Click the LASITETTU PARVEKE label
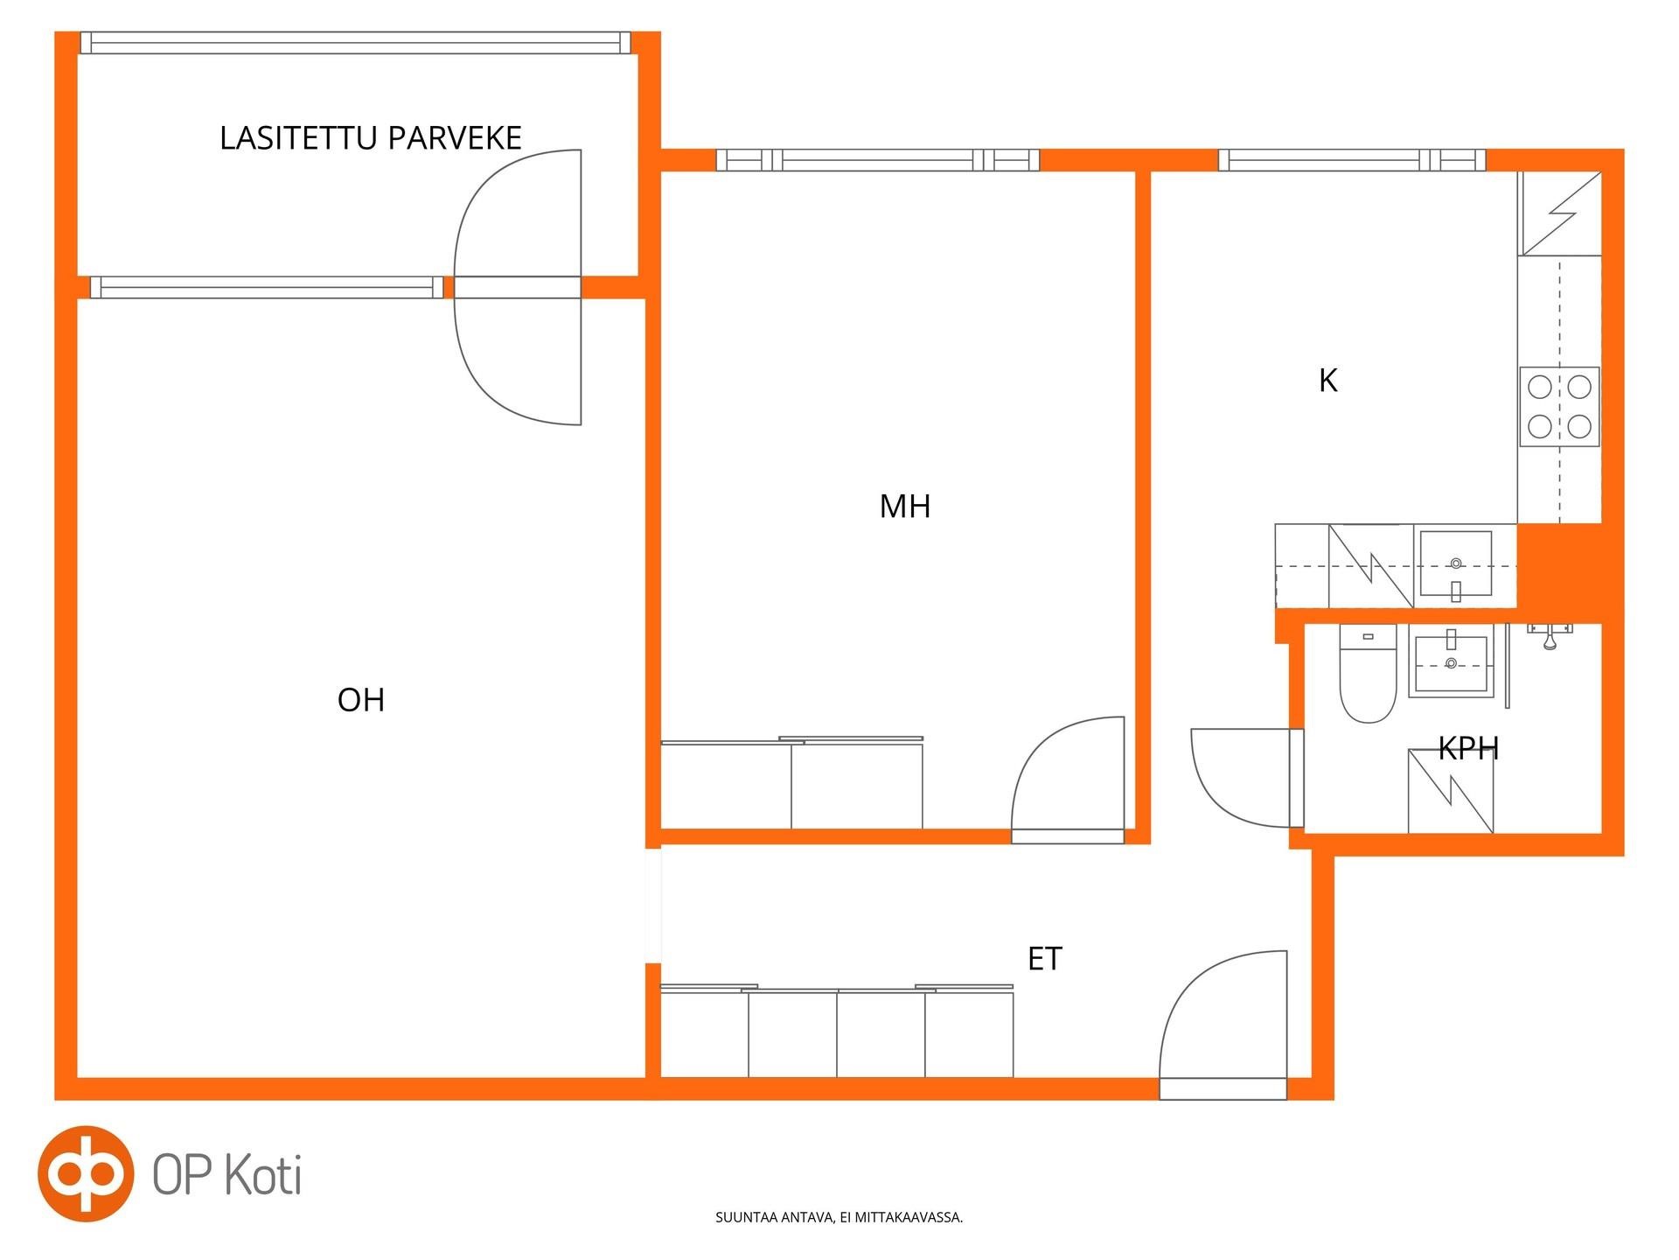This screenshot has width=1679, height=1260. click(x=370, y=138)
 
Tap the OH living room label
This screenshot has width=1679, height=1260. click(x=361, y=700)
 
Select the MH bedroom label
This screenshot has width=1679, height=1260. click(x=905, y=507)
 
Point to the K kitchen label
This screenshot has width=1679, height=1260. click(x=1327, y=381)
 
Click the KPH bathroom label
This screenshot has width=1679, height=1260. click(x=1468, y=748)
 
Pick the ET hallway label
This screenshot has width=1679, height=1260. click(x=1044, y=959)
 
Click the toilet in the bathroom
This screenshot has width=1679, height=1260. click(x=1368, y=673)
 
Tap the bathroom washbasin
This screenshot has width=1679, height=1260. click(x=1451, y=663)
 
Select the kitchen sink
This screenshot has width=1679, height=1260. click(x=1456, y=564)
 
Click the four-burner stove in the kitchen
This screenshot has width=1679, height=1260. click(x=1560, y=407)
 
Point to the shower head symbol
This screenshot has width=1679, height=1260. click(x=1550, y=636)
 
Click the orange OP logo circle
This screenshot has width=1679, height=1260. click(x=86, y=1173)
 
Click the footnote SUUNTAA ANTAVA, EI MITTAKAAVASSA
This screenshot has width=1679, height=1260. click(x=839, y=1217)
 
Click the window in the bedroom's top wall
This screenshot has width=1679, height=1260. click(x=878, y=160)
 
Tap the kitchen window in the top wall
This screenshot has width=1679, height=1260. click(x=1352, y=160)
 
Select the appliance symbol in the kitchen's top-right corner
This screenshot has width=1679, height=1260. click(x=1560, y=213)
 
